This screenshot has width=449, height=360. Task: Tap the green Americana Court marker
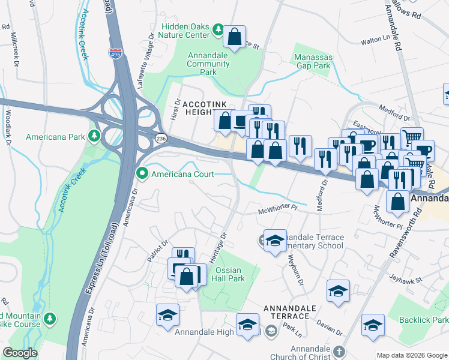[x=142, y=175]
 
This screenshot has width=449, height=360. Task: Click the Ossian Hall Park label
[x=229, y=274]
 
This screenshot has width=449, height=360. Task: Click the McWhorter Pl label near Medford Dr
[x=278, y=209]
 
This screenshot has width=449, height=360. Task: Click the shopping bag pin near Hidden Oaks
[x=235, y=37]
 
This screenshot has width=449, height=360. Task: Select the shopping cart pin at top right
[x=412, y=137]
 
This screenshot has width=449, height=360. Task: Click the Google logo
[x=20, y=353]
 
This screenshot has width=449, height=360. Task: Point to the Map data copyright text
[x=411, y=355]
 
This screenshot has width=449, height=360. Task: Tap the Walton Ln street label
[x=375, y=41]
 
